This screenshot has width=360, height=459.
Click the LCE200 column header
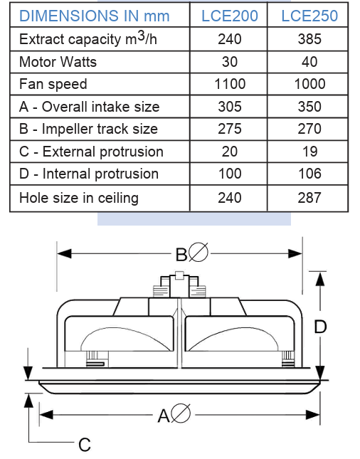(230, 16)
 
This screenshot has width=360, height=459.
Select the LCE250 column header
(309, 16)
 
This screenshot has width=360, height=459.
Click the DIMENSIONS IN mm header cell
(94, 16)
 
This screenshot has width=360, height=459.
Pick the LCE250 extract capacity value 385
(309, 39)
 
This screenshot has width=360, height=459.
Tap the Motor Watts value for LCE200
(230, 62)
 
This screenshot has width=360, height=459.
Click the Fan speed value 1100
(230, 84)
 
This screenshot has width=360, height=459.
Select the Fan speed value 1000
(309, 84)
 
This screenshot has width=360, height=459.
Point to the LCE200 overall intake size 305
(230, 107)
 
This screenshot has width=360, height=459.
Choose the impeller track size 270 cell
(309, 129)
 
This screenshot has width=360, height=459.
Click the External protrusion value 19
(309, 152)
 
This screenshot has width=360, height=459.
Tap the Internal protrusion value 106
(309, 174)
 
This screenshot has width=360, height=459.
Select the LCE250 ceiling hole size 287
(309, 198)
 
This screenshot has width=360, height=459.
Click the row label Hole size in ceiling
(79, 198)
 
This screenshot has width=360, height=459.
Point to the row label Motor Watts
(58, 62)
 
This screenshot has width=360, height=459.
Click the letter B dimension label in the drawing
(181, 254)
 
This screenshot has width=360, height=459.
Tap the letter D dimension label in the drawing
(320, 327)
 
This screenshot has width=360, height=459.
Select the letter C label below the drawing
(85, 445)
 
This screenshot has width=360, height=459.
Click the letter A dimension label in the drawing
(164, 416)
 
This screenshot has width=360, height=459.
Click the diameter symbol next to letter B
(198, 252)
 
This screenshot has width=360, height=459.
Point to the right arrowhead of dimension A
(312, 415)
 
